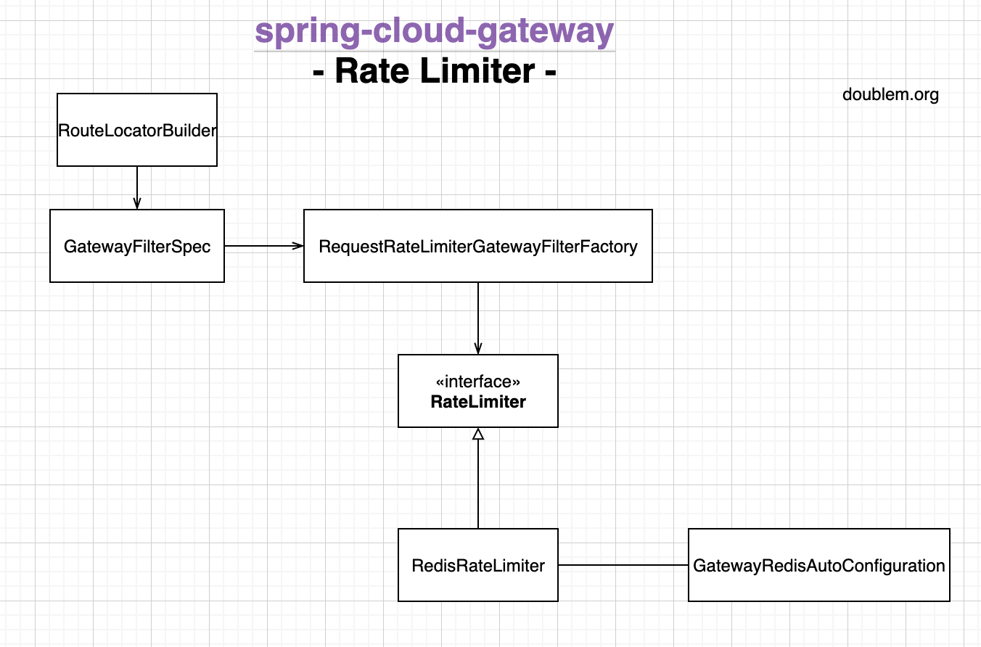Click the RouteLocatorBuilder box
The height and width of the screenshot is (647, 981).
point(137,130)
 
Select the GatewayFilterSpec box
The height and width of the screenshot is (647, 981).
point(137,246)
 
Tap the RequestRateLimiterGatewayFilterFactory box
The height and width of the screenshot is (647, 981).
point(478,246)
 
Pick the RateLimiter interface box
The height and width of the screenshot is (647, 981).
point(478,391)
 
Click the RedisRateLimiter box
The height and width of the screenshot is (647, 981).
point(478,565)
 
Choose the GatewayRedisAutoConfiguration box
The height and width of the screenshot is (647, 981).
point(818,565)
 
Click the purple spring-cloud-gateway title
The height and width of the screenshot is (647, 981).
point(435,32)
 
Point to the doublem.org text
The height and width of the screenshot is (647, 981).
point(890,94)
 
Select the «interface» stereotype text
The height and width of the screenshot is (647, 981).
point(478,382)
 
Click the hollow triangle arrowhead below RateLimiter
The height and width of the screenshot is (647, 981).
point(478,434)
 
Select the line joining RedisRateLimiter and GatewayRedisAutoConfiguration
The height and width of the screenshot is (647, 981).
point(623,565)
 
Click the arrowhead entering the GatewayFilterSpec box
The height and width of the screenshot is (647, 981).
point(137,205)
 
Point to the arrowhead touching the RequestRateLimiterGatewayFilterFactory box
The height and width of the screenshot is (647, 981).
point(298,246)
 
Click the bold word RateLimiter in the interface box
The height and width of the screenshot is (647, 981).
point(478,402)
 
